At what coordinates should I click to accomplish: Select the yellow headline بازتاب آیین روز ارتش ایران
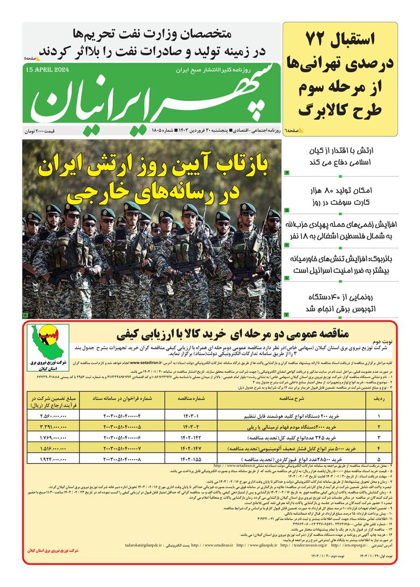pyautogui.click(x=154, y=166)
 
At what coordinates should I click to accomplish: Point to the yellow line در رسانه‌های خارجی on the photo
pyautogui.click(x=154, y=192)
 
